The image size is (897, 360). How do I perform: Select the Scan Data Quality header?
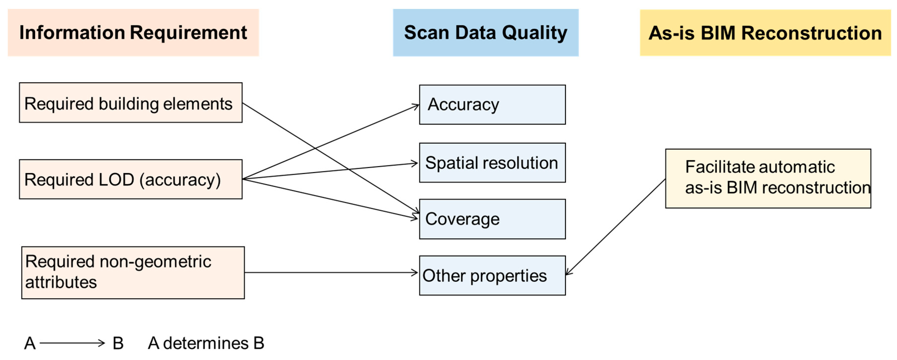click(x=485, y=33)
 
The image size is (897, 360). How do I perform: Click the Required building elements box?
click(x=131, y=103)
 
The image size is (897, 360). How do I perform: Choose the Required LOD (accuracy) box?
click(x=131, y=179)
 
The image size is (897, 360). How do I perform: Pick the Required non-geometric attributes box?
click(x=133, y=273)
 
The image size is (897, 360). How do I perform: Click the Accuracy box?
click(x=492, y=105)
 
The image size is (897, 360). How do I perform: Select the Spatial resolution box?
click(x=492, y=163)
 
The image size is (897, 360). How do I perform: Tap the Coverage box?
click(x=492, y=219)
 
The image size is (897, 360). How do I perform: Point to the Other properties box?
click(x=492, y=275)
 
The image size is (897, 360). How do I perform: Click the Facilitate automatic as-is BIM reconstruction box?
click(x=768, y=179)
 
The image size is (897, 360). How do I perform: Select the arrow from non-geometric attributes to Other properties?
click(x=331, y=273)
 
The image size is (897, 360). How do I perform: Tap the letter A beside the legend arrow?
click(x=30, y=343)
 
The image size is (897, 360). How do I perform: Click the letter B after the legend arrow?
click(x=118, y=343)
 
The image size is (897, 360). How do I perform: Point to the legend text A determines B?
click(x=206, y=343)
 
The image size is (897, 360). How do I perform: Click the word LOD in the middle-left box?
click(x=116, y=180)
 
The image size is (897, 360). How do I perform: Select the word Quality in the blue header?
click(x=535, y=33)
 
